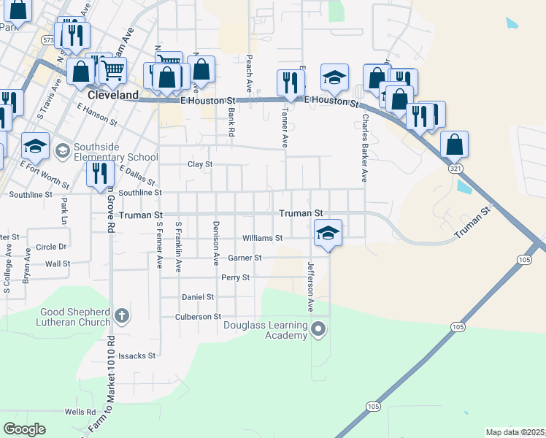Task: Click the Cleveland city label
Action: click(112, 96)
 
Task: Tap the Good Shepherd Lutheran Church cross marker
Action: click(122, 316)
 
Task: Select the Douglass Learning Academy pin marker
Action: click(318, 330)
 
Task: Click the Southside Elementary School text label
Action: click(112, 156)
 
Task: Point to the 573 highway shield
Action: click(48, 39)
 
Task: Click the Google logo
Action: click(24, 429)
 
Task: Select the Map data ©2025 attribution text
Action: click(515, 432)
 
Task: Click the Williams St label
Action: click(262, 238)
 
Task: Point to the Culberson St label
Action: click(198, 317)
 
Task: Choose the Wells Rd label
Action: click(80, 412)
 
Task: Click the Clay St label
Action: click(200, 164)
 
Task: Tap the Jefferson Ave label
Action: click(309, 287)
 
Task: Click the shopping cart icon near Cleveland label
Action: click(112, 70)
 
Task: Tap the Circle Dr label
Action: click(51, 247)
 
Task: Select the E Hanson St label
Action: click(96, 114)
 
